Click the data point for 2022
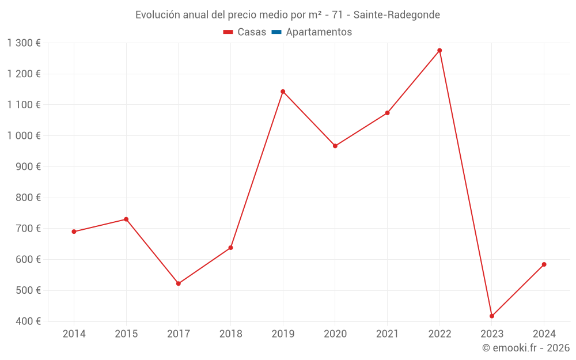click(439, 51)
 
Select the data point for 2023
click(492, 316)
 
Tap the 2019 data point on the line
click(283, 92)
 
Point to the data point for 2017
click(179, 283)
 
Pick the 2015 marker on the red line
click(126, 219)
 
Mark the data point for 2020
click(335, 146)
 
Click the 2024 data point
click(544, 264)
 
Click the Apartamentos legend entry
click(319, 32)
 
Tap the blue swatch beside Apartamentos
click(276, 32)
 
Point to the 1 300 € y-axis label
click(24, 43)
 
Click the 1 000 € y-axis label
click(24, 136)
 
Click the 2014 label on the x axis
click(74, 334)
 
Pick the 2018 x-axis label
click(230, 334)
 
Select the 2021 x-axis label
click(387, 334)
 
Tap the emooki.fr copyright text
click(526, 348)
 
